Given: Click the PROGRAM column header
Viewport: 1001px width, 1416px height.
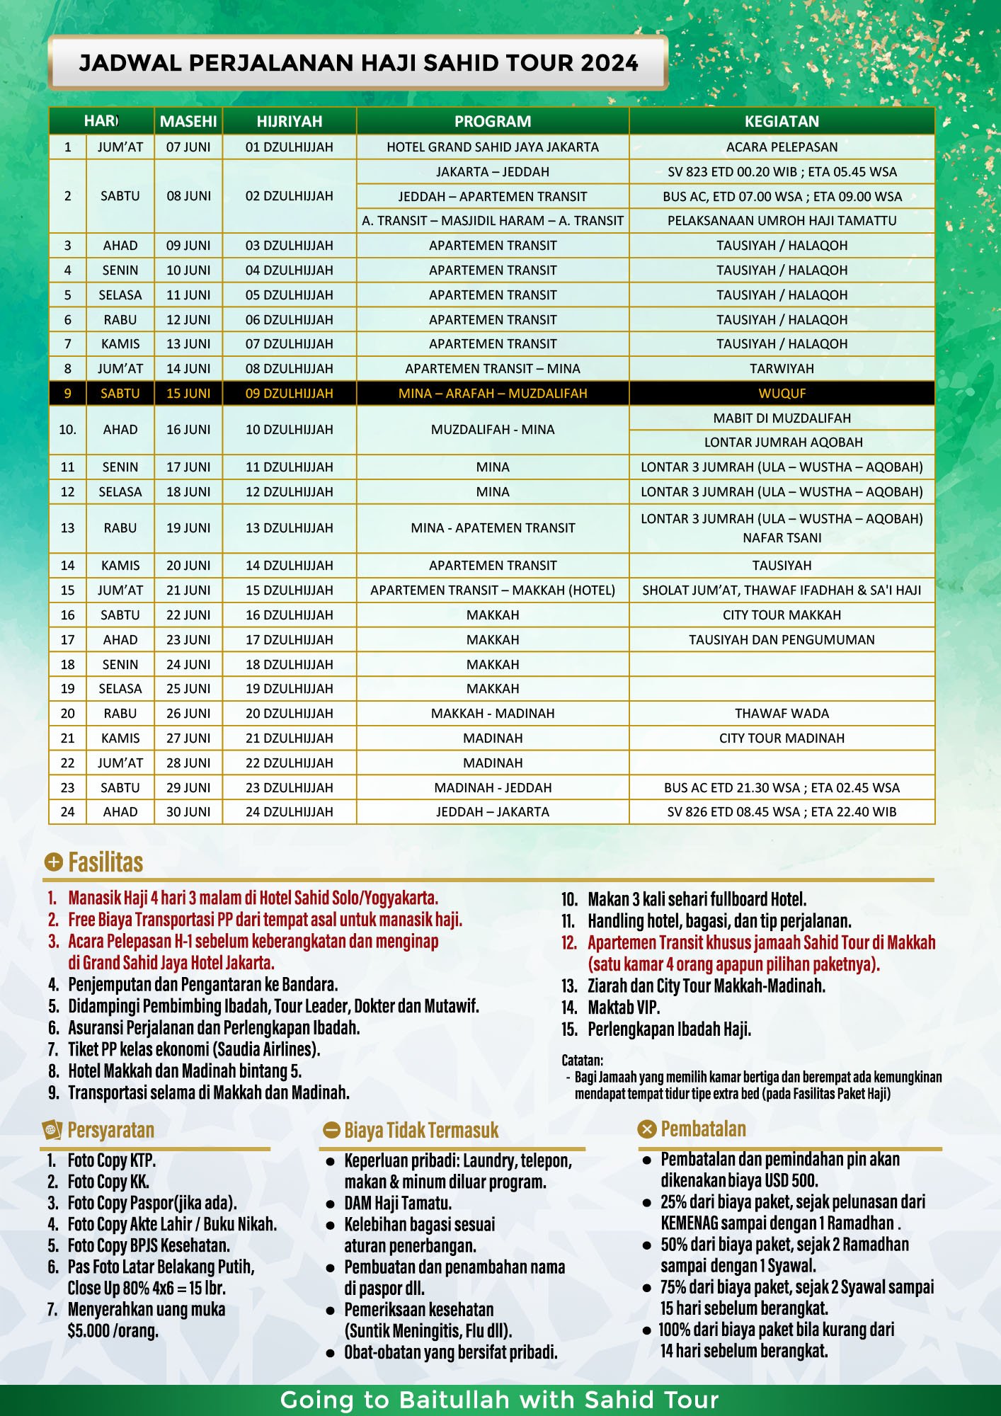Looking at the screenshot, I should pyautogui.click(x=493, y=121).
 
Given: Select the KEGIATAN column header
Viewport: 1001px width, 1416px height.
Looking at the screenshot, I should pyautogui.click(x=782, y=121).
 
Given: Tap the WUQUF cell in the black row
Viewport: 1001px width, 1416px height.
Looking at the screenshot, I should pyautogui.click(x=782, y=393).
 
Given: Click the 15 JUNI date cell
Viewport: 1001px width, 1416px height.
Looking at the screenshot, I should pyautogui.click(x=188, y=393).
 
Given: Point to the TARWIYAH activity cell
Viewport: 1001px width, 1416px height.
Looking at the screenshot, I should pyautogui.click(x=782, y=368).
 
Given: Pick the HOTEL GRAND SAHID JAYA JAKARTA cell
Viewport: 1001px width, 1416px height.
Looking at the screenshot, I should pyautogui.click(x=493, y=147).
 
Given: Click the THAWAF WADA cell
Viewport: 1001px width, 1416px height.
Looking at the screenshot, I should pyautogui.click(x=782, y=713).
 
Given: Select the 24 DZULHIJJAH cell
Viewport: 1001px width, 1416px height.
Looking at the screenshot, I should pyautogui.click(x=289, y=811).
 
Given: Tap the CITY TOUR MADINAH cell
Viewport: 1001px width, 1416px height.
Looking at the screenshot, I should pyautogui.click(x=782, y=738).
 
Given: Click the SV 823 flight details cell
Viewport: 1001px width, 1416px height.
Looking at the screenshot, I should pyautogui.click(x=782, y=171).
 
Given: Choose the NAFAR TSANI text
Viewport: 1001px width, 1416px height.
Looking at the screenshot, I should pyautogui.click(x=782, y=538).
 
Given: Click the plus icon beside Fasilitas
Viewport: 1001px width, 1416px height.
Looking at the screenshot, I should pyautogui.click(x=53, y=862).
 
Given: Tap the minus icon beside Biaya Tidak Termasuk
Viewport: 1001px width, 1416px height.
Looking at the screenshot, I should pyautogui.click(x=331, y=1130).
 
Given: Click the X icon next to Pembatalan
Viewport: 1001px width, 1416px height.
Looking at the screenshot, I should pyautogui.click(x=647, y=1129).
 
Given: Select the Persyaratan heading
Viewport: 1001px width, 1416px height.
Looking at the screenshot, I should pyautogui.click(x=110, y=1130).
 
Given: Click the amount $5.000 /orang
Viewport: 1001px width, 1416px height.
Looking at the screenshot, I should pyautogui.click(x=113, y=1330).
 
